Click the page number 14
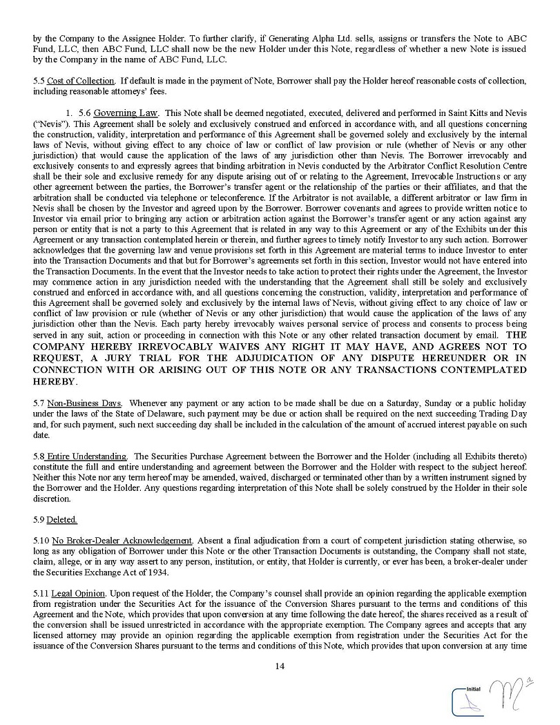(x=280, y=666)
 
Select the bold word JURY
(x=151, y=358)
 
